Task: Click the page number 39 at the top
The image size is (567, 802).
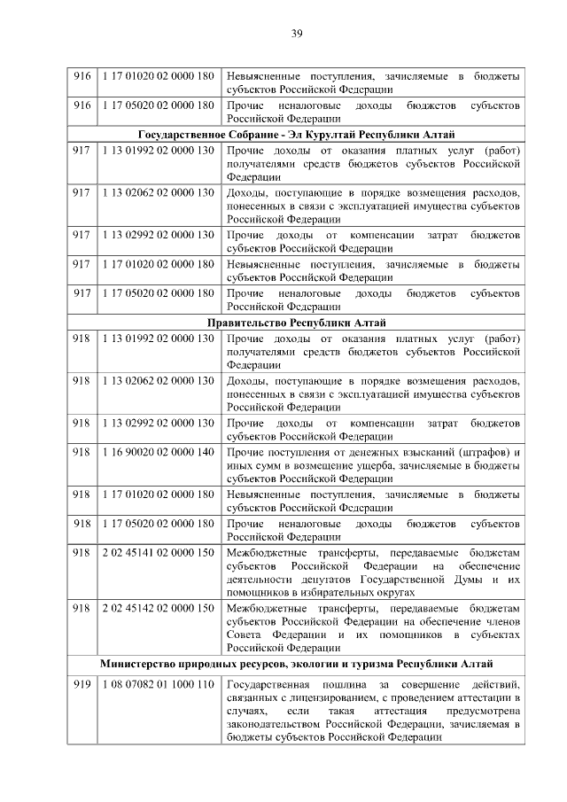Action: (297, 34)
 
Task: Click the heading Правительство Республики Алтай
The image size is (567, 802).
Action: (297, 323)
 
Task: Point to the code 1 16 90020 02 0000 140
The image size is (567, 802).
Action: (157, 453)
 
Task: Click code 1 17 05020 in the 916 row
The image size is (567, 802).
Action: (157, 105)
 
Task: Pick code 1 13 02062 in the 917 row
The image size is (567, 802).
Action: (157, 193)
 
